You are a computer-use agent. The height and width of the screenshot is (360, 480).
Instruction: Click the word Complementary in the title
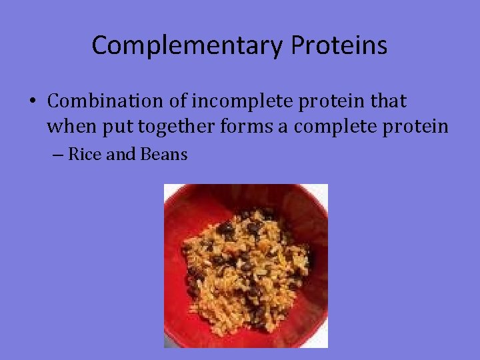[x=187, y=45]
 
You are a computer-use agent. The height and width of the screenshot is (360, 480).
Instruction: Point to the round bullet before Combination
[x=33, y=102]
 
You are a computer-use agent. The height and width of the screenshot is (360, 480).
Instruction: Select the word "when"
[x=68, y=126]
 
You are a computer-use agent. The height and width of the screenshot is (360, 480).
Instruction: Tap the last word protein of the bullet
[x=419, y=127]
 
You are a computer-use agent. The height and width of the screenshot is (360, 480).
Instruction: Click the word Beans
[x=164, y=155]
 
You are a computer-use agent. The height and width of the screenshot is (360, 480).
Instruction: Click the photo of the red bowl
[x=246, y=265]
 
